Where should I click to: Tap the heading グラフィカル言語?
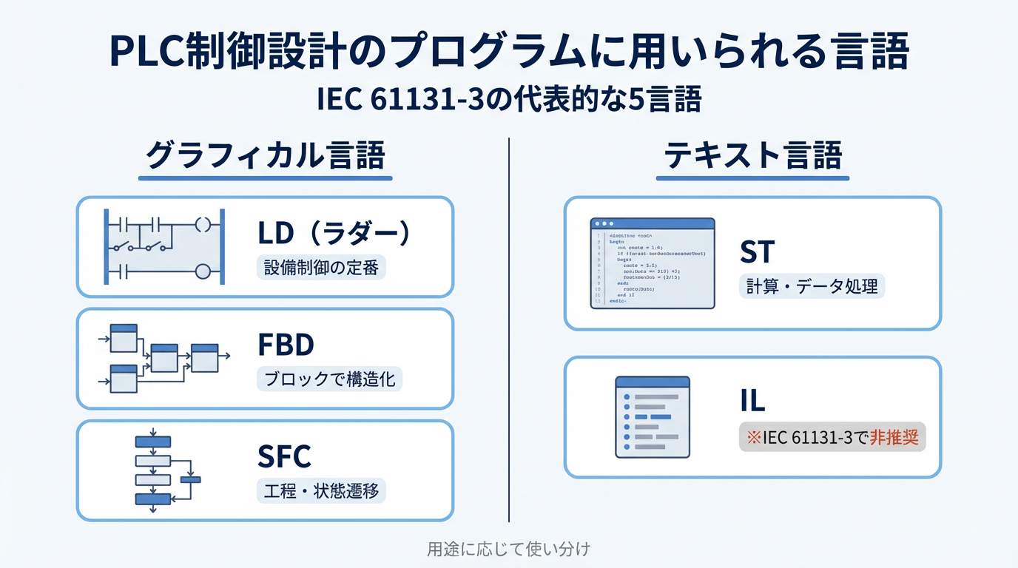(266, 157)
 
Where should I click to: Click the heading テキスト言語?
(752, 157)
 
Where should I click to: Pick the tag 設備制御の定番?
(321, 267)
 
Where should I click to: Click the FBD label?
(286, 345)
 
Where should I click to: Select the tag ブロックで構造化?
(330, 379)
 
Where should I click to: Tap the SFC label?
(284, 456)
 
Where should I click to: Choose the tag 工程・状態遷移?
(321, 490)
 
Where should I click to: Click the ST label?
(756, 252)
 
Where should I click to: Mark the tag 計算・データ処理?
(812, 285)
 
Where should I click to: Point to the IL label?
(752, 400)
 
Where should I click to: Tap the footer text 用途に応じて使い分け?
(509, 550)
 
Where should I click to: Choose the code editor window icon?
(652, 263)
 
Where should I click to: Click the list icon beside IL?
(653, 416)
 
